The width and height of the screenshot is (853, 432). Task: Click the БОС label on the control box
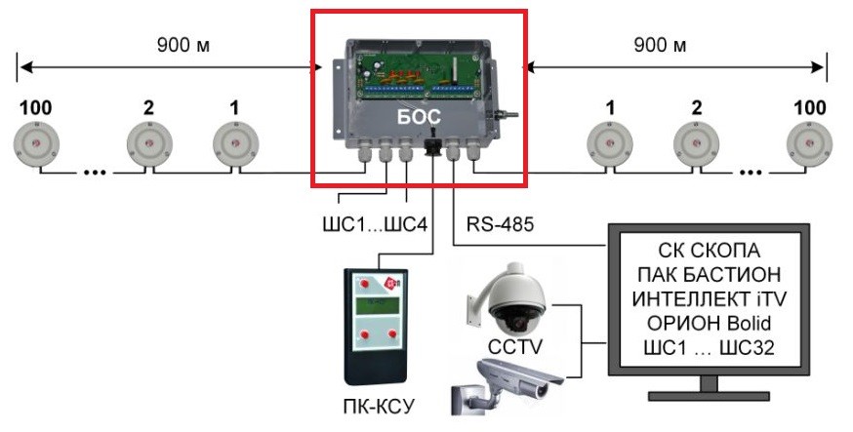(x=418, y=116)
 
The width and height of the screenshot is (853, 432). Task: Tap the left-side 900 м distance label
(x=183, y=46)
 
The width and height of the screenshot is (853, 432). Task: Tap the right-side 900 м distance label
(x=660, y=46)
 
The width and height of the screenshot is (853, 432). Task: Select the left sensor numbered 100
(x=36, y=144)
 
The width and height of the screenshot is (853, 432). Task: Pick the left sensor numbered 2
(x=149, y=144)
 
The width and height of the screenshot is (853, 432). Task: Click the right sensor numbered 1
(x=610, y=144)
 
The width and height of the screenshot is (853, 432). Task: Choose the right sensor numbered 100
(x=809, y=144)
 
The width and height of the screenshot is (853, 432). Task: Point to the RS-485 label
(x=500, y=224)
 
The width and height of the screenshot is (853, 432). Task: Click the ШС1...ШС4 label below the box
(x=376, y=224)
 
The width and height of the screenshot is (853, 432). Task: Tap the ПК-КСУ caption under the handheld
(x=379, y=406)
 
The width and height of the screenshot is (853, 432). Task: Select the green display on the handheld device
(x=377, y=305)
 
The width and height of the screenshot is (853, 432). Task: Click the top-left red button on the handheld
(x=364, y=283)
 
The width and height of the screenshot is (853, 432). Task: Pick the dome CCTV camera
(x=508, y=297)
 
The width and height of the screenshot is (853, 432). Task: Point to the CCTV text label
(x=514, y=347)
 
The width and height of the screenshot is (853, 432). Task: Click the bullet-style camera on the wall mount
(x=507, y=386)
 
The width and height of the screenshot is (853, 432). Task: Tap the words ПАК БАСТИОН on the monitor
(x=709, y=275)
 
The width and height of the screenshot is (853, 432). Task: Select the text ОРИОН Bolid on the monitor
(x=709, y=324)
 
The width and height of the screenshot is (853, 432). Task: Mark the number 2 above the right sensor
(x=697, y=107)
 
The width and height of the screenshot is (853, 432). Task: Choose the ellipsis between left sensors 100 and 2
(x=95, y=173)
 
